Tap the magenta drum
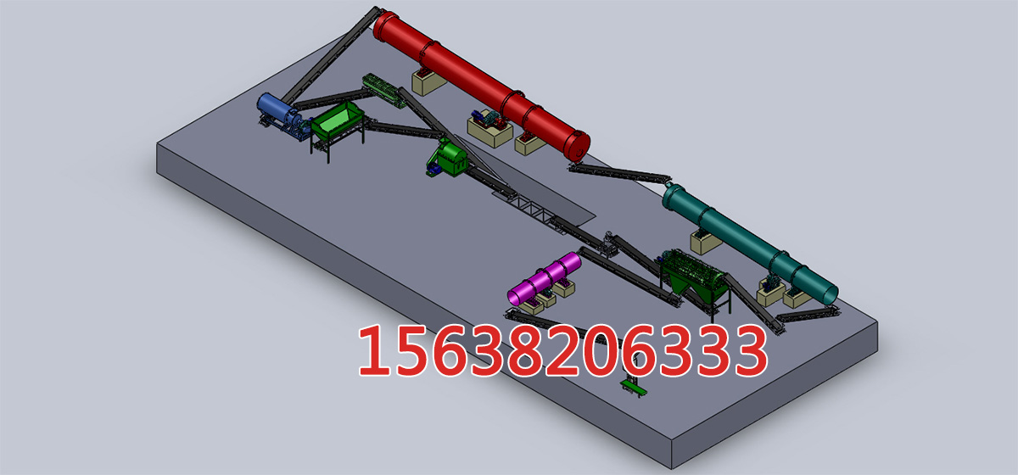tap(544, 278)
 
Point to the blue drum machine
tap(278, 112)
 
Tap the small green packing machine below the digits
tap(633, 387)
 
